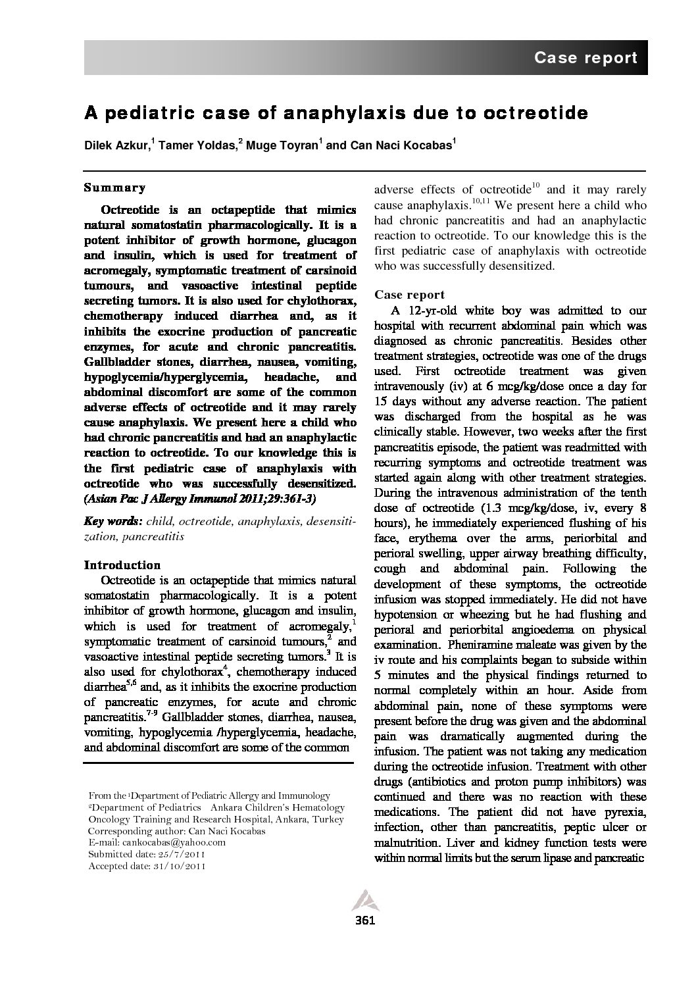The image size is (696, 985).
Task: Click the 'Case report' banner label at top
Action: point(585,58)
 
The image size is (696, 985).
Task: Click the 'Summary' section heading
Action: point(114,188)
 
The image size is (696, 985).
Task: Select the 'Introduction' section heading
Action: point(122,565)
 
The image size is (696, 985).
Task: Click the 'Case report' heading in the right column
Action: point(409,295)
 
